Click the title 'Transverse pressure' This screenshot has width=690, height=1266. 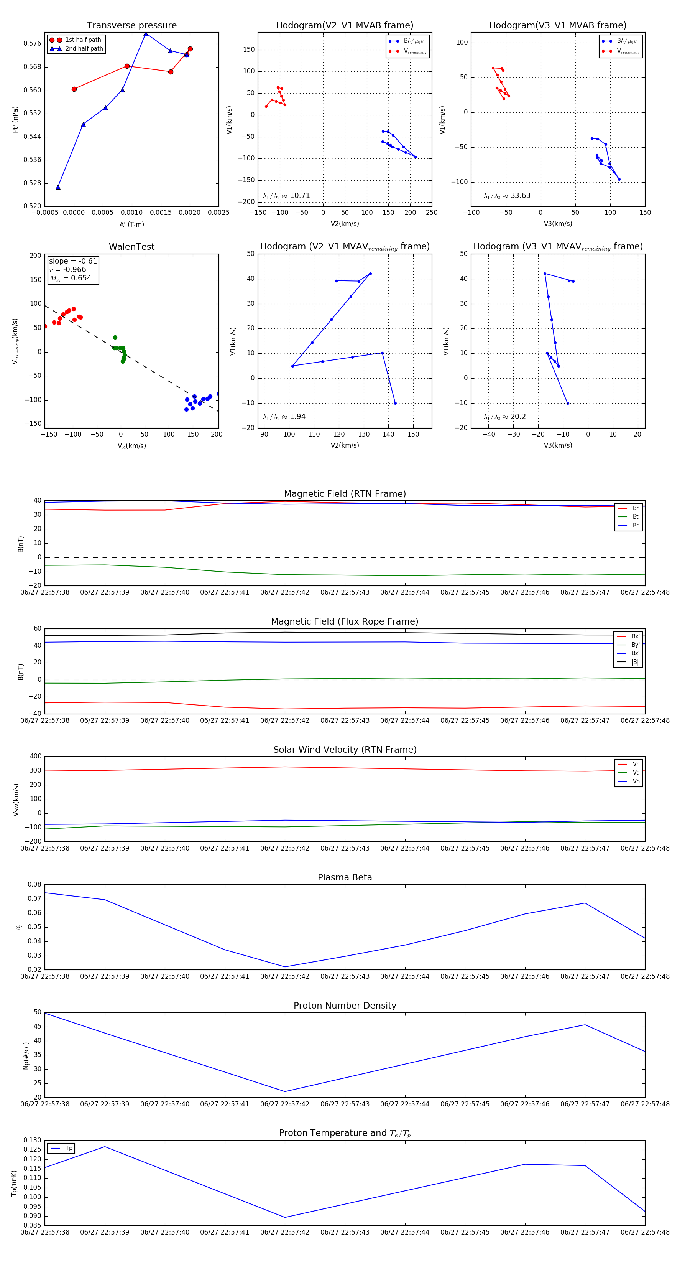pyautogui.click(x=131, y=26)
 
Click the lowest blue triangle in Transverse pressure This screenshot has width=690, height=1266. pyautogui.click(x=58, y=187)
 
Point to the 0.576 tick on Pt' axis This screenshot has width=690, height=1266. pyautogui.click(x=33, y=43)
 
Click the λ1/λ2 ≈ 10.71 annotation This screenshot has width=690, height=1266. pyautogui.click(x=286, y=196)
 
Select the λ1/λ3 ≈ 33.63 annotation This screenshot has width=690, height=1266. pyautogui.click(x=507, y=196)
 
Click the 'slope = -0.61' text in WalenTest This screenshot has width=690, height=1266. pyautogui.click(x=73, y=261)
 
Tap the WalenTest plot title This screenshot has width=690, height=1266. pyautogui.click(x=131, y=247)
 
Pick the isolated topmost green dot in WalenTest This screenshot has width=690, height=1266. pyautogui.click(x=115, y=338)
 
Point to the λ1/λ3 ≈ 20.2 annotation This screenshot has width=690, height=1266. pyautogui.click(x=504, y=417)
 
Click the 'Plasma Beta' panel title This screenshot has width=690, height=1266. pyautogui.click(x=345, y=878)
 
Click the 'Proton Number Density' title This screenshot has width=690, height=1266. pyautogui.click(x=345, y=1006)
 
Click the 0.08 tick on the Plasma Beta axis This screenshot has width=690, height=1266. pyautogui.click(x=34, y=885)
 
